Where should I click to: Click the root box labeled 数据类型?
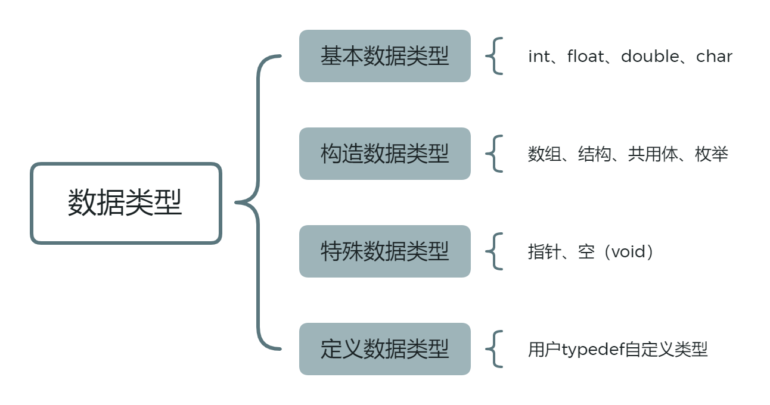coord(125,203)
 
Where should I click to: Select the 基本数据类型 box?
coord(384,57)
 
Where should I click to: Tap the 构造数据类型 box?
coord(384,154)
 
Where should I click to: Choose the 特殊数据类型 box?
coord(384,251)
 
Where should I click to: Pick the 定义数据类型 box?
coord(384,349)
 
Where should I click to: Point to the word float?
coord(586,57)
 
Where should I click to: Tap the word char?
coord(714,57)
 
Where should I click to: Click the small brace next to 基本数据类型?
coord(495,57)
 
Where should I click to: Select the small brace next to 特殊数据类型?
coord(495,251)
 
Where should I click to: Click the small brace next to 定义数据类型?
coord(495,349)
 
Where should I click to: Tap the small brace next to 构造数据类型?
coord(495,154)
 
